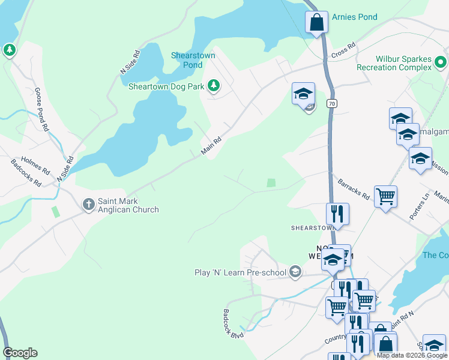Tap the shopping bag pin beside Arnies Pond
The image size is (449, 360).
316,23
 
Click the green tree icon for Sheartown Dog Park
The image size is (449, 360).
213,86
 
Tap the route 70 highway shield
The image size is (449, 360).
331,104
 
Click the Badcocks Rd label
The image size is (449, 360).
26,173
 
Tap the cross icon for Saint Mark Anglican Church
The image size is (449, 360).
88,205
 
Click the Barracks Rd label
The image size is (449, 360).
354,188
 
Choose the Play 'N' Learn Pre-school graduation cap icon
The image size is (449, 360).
294,272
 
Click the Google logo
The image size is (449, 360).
20,353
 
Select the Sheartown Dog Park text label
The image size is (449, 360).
166,86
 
